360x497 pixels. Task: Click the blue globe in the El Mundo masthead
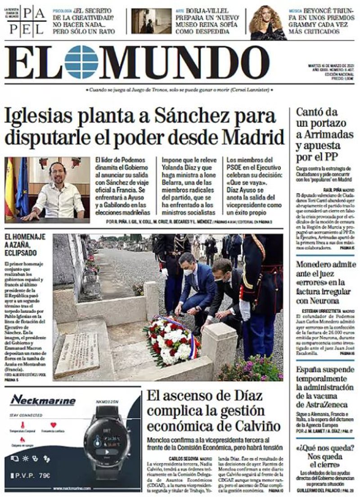81,62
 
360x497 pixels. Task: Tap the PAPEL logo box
27,21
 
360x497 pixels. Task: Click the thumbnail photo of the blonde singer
267,22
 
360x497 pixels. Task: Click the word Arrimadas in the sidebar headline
323,134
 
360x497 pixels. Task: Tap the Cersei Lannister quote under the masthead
180,90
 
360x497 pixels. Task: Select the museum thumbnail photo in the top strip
151,21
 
